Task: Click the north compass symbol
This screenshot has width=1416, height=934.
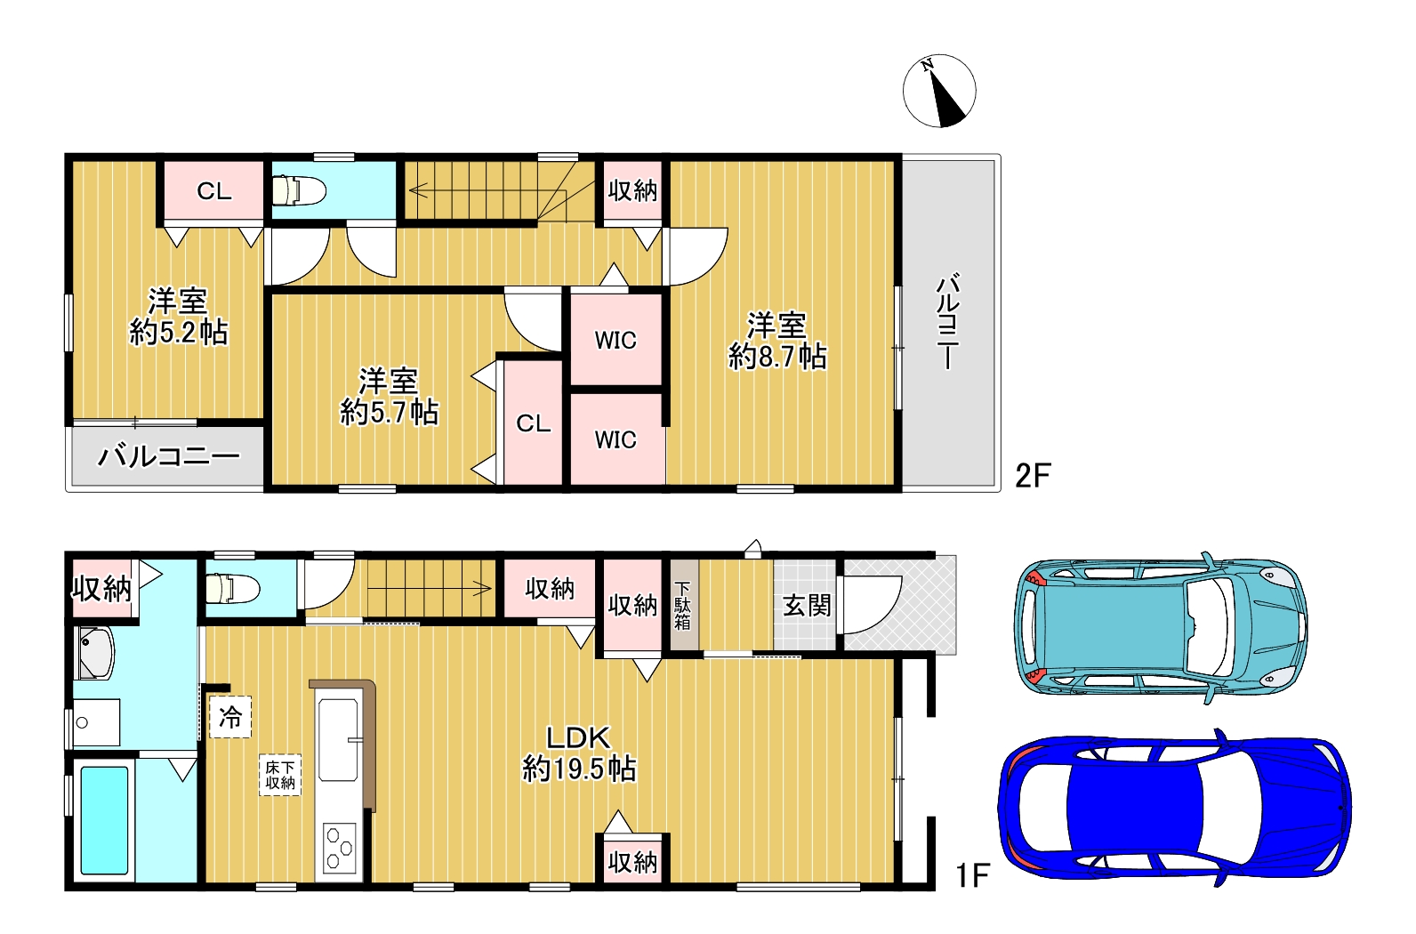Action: pos(938,91)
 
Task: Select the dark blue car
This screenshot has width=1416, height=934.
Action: pos(1175,809)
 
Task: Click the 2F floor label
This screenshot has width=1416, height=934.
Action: pos(1033,476)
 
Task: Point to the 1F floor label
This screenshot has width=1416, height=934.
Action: pos(972,876)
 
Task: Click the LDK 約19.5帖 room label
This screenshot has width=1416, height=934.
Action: pos(579,753)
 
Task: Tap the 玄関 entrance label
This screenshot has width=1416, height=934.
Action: pos(807,605)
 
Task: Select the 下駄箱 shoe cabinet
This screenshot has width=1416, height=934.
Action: pos(684,605)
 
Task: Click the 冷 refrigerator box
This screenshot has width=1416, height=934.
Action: pos(230,716)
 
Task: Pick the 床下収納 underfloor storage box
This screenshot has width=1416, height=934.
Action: pos(280,775)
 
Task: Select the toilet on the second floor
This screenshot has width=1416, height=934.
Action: pos(299,190)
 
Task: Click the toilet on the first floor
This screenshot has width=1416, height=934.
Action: pos(232,589)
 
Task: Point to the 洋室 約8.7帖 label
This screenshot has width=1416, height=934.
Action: pos(776,342)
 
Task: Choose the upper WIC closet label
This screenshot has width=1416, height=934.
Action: pos(615,340)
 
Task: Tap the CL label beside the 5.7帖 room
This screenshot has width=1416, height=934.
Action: pos(533,423)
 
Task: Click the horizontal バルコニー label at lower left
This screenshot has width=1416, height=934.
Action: pos(168,456)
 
